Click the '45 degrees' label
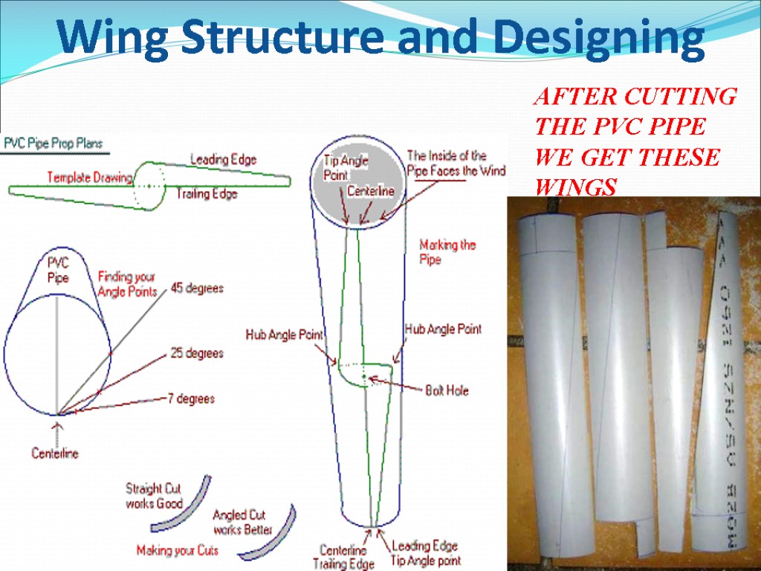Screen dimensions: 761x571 pos(197,288)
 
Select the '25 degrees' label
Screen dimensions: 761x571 pos(196,353)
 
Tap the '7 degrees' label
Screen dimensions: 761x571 pos(191,399)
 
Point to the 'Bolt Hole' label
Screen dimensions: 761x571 pos(447,390)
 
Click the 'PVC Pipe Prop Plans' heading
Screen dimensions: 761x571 pos(54,143)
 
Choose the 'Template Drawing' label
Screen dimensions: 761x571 pos(90,178)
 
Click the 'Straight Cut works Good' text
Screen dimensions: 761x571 pos(154,496)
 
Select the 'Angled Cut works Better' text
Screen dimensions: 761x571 pos(243,522)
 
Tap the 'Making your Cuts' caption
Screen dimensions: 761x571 pos(177,551)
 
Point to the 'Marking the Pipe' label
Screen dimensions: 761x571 pos(447,251)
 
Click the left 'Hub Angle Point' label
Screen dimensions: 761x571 pos(284,335)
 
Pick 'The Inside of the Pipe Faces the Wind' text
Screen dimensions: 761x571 pos(456,163)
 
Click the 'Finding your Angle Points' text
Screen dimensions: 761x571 pos(127,284)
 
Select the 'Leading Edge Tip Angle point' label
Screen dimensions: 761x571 pos(426,553)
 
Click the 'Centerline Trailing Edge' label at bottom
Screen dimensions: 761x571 pos(343,557)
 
